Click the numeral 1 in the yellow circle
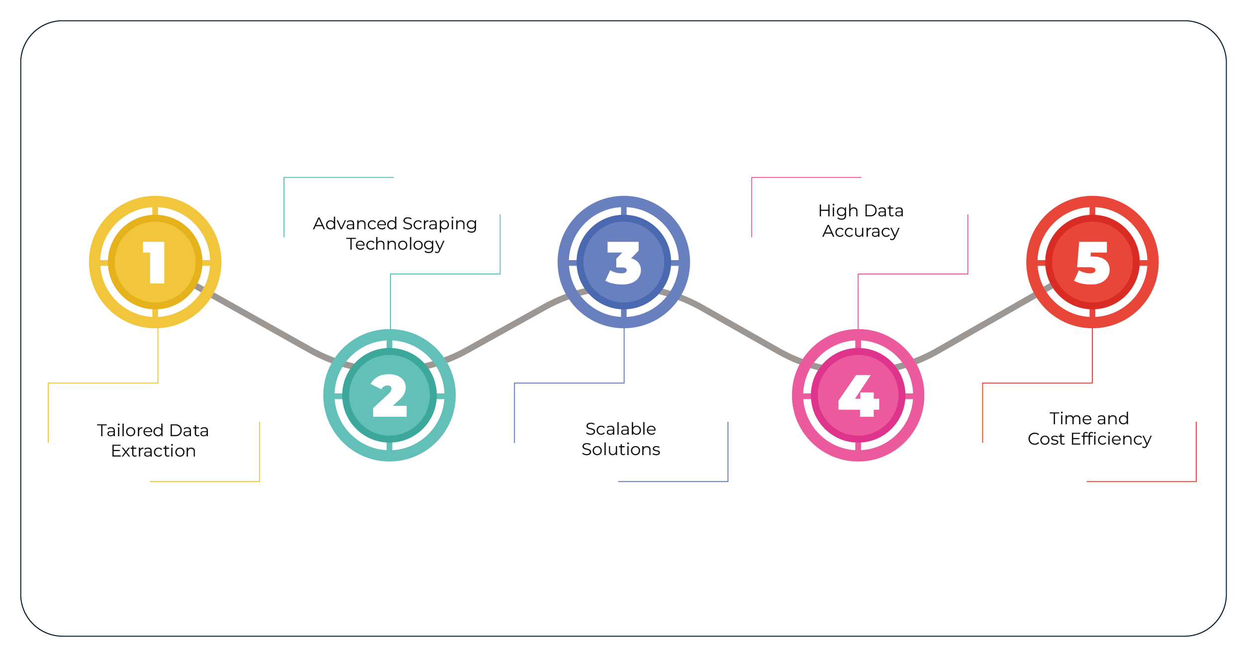(155, 263)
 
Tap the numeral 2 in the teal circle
(389, 395)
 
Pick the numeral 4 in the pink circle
(859, 395)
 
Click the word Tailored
(130, 430)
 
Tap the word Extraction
(153, 451)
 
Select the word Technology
(395, 244)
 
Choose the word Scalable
(620, 429)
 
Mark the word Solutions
(620, 449)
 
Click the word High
(838, 211)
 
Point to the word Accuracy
(861, 231)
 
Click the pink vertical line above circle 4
(858, 303)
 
